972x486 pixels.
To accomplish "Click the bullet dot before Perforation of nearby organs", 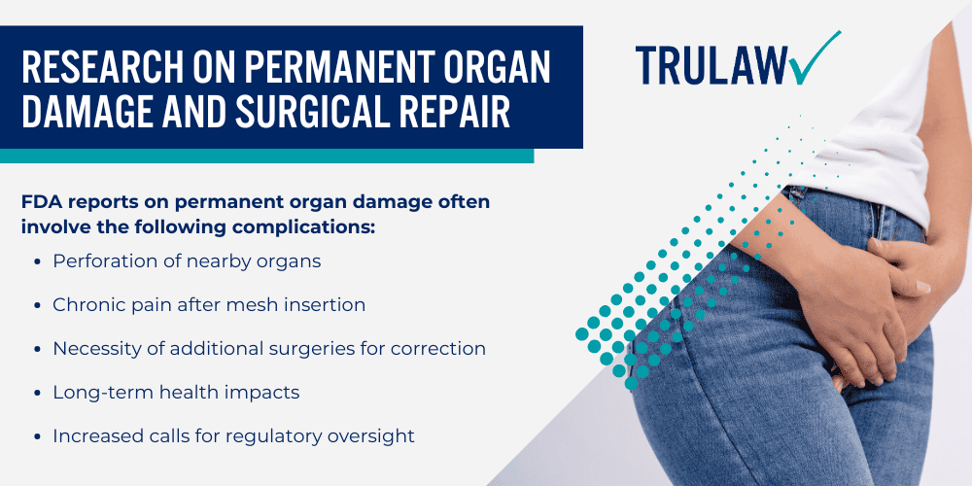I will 38,261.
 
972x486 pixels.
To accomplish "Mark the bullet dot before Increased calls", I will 38,435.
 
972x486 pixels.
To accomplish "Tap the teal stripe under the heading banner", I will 266,156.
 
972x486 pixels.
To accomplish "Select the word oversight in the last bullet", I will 373,435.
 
